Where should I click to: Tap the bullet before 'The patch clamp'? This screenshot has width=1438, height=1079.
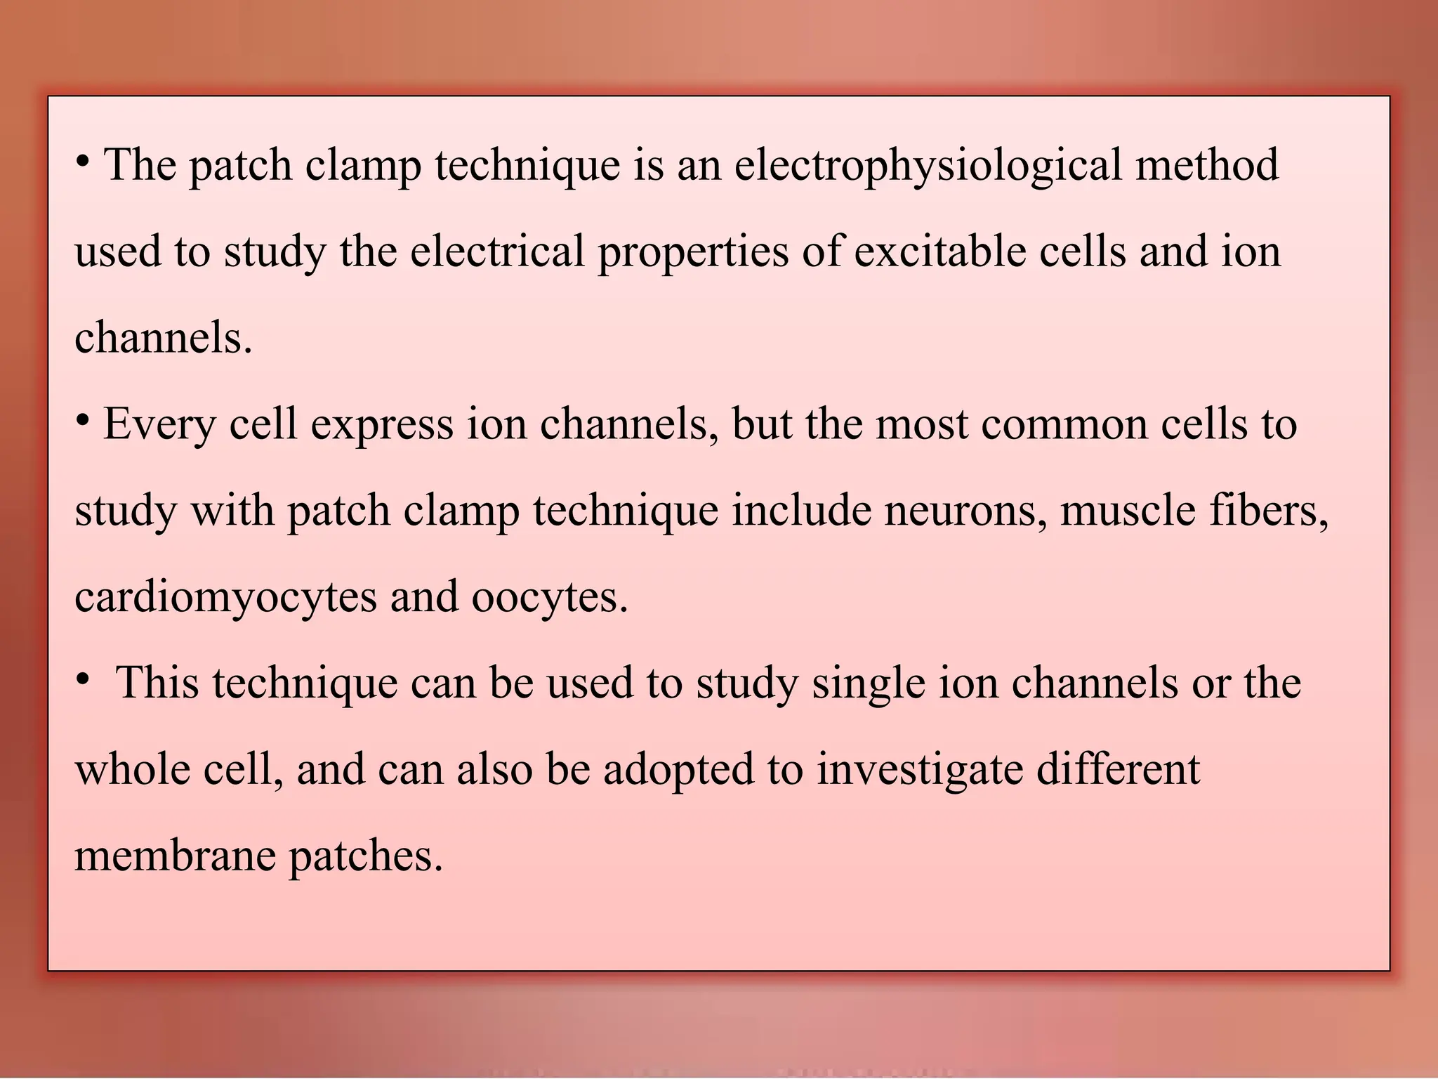[x=83, y=162]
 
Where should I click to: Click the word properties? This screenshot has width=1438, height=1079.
[x=693, y=252]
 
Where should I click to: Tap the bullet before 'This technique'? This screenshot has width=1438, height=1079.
[x=83, y=680]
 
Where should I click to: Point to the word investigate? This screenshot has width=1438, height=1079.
[x=920, y=770]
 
